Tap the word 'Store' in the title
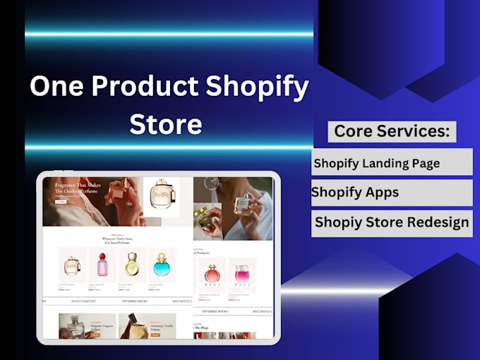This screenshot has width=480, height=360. pos(166,124)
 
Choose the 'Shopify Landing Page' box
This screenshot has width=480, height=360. pos(392,162)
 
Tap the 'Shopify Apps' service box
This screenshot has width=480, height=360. pos(392,192)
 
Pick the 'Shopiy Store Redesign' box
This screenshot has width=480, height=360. pos(392,222)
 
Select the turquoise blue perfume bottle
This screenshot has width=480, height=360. pos(162,265)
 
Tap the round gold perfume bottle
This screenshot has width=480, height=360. pos(132,265)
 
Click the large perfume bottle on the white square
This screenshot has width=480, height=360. pos(161,196)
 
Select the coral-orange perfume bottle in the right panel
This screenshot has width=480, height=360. pos(212,274)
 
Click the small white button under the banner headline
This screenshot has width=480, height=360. pos(61,201)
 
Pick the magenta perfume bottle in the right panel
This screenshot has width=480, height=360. pos(241,274)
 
